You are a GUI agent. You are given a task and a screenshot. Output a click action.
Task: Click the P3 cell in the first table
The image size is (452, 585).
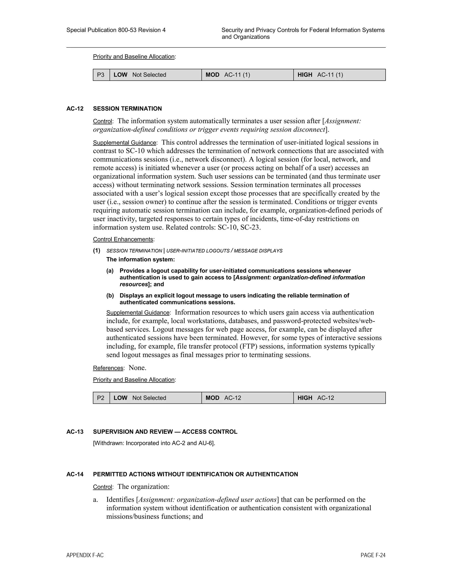tap(101, 75)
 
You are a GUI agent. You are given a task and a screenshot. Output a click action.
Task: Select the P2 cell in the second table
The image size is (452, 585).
tap(101, 398)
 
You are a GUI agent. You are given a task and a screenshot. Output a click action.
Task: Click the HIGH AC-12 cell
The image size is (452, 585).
tap(339, 398)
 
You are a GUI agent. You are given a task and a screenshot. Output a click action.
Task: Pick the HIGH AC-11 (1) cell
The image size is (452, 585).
tap(339, 75)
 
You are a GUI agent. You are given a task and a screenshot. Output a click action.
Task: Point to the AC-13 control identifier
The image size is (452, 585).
tap(75, 432)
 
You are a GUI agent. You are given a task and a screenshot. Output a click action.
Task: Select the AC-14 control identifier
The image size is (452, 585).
tap(75, 474)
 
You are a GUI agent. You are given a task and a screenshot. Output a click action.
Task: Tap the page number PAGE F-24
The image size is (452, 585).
tap(373, 555)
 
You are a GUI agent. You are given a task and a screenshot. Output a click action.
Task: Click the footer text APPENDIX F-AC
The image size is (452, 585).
tap(85, 555)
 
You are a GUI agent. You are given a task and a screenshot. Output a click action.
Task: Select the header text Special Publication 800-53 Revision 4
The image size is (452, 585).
tap(116, 30)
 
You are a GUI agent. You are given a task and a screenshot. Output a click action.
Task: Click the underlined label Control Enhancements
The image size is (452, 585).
tap(123, 240)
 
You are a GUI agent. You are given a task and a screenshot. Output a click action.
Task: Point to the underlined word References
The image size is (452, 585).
tap(108, 368)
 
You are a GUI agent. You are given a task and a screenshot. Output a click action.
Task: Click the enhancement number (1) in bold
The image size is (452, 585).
tap(97, 251)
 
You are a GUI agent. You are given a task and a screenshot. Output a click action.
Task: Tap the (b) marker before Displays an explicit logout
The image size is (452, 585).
tap(110, 295)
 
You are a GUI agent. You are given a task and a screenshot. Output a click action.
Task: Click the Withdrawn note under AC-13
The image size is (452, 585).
tap(154, 443)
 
